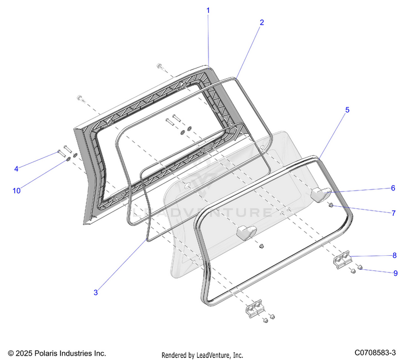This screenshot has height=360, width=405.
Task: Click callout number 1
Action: [208, 11]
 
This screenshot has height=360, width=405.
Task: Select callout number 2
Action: [262, 23]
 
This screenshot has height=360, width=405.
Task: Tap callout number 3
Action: [96, 293]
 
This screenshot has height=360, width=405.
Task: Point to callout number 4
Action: [16, 169]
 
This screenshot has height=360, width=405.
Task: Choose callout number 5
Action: [347, 110]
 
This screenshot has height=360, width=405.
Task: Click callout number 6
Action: [393, 188]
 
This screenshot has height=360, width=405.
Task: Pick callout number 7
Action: [393, 213]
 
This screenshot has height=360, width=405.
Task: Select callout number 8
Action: [394, 255]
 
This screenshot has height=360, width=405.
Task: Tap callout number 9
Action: [395, 273]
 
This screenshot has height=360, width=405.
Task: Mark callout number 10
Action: [17, 191]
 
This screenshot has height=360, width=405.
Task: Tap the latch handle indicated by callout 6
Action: [320, 195]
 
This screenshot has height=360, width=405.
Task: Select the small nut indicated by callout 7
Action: [331, 205]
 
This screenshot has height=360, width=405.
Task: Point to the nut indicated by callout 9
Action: [360, 267]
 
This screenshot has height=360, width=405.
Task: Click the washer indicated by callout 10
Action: [69, 159]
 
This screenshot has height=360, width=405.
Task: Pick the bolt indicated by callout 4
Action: [62, 153]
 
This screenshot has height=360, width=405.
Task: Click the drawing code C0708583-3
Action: [375, 352]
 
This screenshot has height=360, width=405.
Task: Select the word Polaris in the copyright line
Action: [44, 353]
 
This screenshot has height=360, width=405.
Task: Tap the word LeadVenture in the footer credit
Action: [213, 355]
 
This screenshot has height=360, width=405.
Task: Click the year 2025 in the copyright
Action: [24, 353]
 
